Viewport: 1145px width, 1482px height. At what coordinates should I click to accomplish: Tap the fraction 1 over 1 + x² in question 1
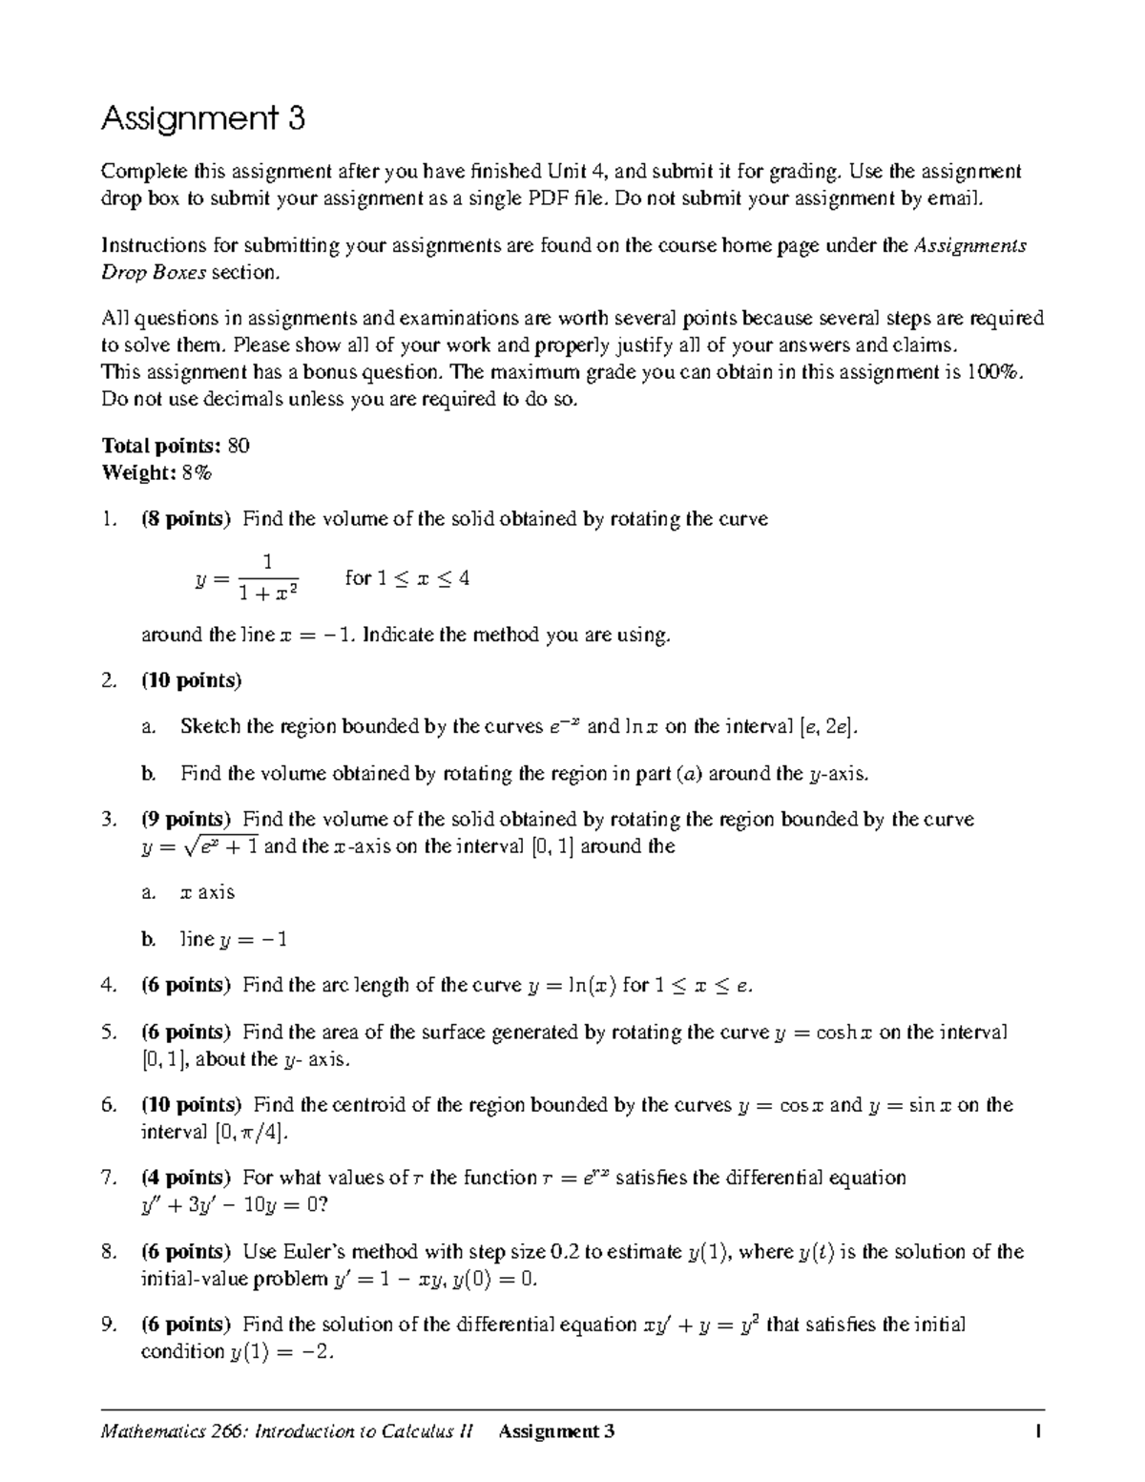coord(268,578)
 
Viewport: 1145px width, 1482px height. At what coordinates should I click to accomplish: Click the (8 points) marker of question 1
coord(186,519)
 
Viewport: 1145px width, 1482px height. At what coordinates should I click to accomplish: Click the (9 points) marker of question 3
coord(186,820)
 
